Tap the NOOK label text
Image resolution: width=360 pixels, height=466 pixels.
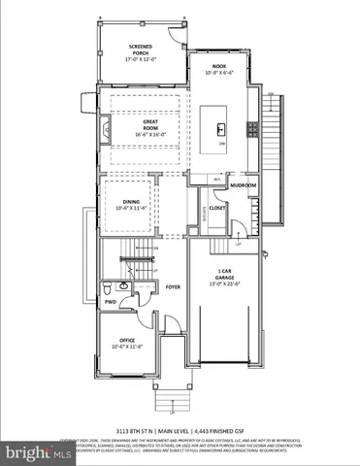[219, 66]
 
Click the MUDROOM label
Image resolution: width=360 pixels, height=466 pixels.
[243, 184]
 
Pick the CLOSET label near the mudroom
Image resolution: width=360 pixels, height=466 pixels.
[216, 207]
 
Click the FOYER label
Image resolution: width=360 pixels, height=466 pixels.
[174, 286]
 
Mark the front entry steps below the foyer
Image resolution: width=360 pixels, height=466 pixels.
[164, 392]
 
